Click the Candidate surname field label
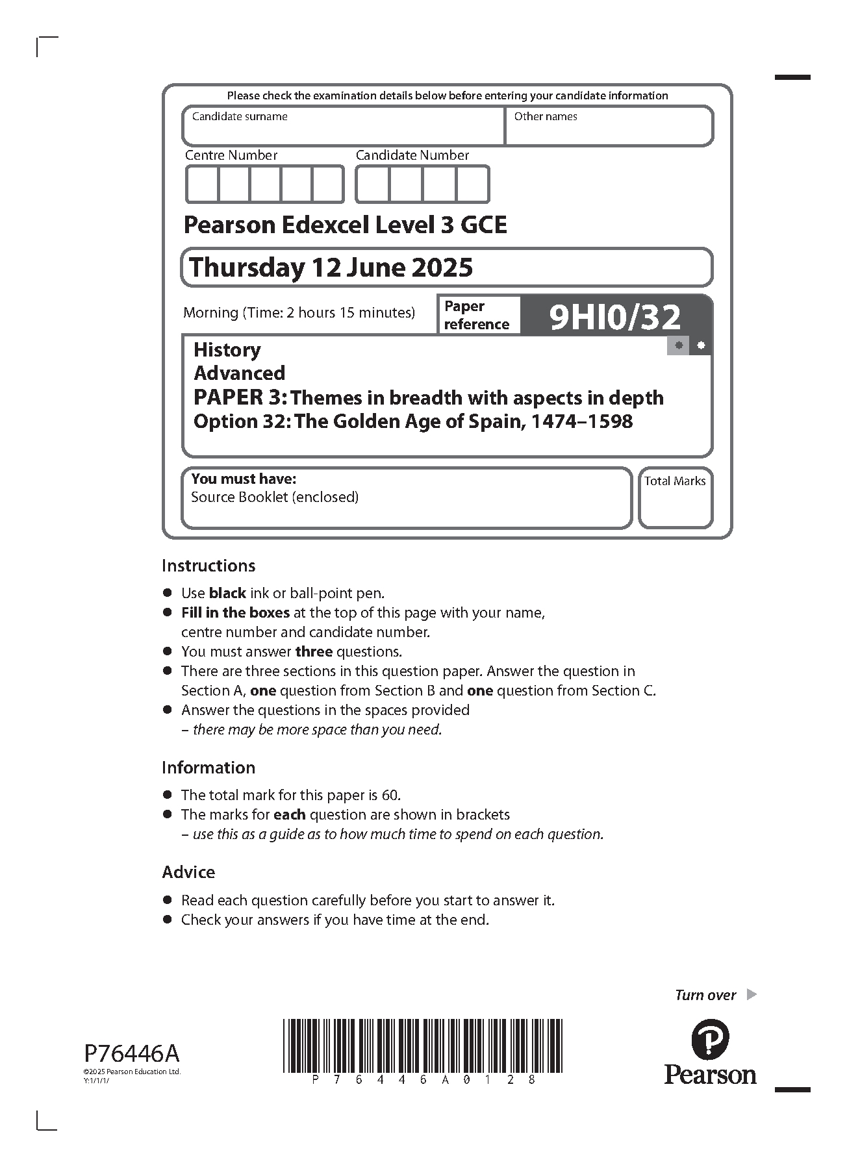tap(240, 117)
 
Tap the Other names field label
tap(545, 117)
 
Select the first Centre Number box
tap(203, 184)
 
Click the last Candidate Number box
tap(472, 184)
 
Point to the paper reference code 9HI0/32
tap(615, 318)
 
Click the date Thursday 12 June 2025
tap(331, 268)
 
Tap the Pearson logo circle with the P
tap(710, 1040)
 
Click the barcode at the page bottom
tap(422, 1046)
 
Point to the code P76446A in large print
tap(131, 1053)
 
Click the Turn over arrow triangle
tap(752, 995)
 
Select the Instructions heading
tap(209, 566)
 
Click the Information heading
tap(209, 768)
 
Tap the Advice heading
tap(188, 872)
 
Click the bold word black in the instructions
tap(227, 593)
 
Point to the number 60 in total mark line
tap(392, 796)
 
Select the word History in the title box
tap(227, 350)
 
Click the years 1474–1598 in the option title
tap(581, 422)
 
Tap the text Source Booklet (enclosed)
tap(275, 497)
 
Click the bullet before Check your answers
tap(168, 920)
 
